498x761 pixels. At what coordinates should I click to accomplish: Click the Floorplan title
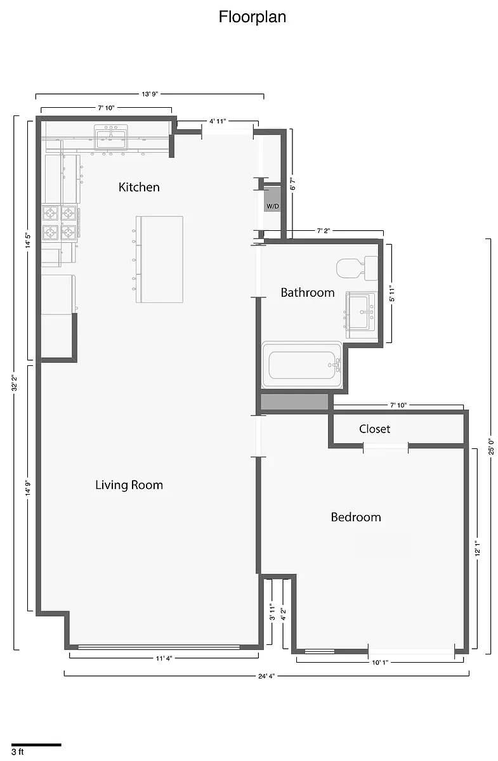pos(252,17)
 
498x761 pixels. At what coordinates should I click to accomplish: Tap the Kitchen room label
pos(139,187)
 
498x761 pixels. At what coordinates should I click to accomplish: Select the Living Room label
pos(129,485)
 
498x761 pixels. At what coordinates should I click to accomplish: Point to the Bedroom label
pos(356,517)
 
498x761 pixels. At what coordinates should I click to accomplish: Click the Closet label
pos(374,429)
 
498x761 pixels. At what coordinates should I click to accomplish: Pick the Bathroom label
pos(308,292)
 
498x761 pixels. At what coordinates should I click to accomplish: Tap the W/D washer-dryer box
pos(272,198)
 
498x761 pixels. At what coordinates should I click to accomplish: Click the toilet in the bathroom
pos(357,268)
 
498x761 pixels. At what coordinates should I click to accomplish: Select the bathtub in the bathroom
pos(302,365)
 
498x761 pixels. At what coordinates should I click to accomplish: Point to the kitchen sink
pos(111,137)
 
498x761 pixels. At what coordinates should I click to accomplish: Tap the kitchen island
pos(159,259)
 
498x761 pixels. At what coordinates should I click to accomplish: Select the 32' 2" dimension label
pos(15,383)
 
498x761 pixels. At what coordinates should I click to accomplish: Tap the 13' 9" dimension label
pos(150,94)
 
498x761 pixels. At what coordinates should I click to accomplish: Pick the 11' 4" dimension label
pos(164,658)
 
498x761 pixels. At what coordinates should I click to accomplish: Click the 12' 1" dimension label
pos(478,549)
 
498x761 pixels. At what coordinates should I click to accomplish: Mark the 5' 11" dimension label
pos(392,293)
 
